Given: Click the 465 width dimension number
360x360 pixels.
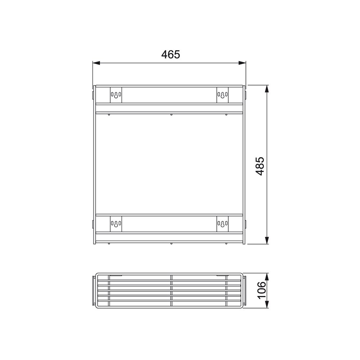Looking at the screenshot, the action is pyautogui.click(x=171, y=55).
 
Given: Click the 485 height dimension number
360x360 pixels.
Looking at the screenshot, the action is pyautogui.click(x=260, y=166).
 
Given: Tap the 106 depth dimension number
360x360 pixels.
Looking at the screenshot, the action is pyautogui.click(x=261, y=290).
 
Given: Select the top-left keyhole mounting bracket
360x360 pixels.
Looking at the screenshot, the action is pyautogui.click(x=116, y=95).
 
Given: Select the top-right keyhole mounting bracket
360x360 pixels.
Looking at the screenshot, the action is pyautogui.click(x=222, y=95).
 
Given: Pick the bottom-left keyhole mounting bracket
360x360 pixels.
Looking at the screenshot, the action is pyautogui.click(x=116, y=224).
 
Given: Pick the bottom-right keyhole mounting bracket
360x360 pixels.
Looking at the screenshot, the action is pyautogui.click(x=222, y=224).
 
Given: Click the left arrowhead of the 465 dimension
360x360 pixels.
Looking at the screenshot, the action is pyautogui.click(x=96, y=63).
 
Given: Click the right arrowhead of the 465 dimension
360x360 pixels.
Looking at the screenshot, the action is pyautogui.click(x=242, y=63).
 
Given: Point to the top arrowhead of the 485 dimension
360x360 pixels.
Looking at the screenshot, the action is pyautogui.click(x=266, y=89).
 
